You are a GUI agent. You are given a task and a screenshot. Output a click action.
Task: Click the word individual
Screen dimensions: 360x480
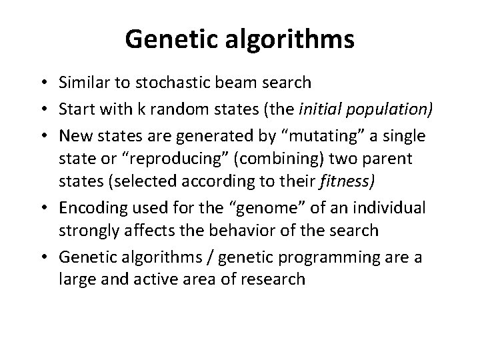pos(393,207)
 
